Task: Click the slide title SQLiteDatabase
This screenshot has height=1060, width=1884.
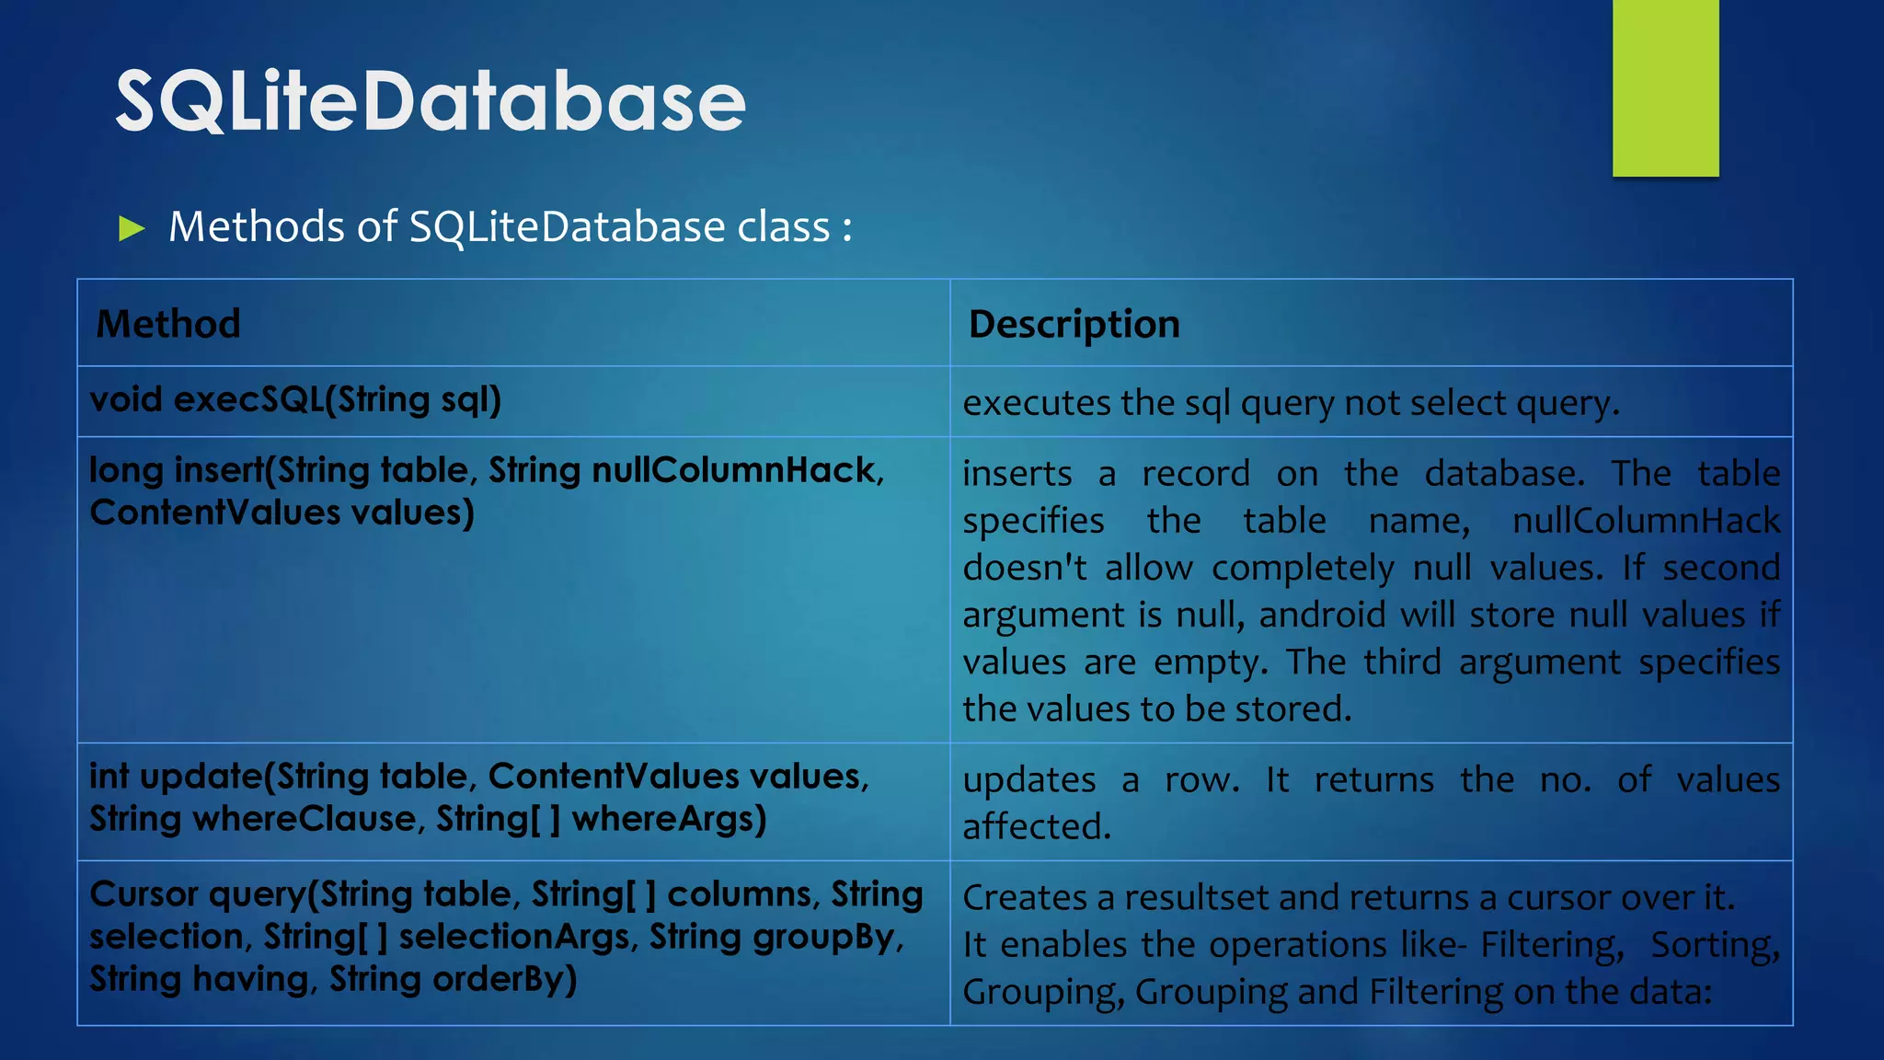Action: [431, 101]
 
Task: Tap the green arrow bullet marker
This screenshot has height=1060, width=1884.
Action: [132, 228]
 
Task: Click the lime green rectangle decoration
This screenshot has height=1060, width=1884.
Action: [1665, 87]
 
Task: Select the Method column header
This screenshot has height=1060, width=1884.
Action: [168, 324]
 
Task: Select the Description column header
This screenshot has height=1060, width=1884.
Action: [1074, 324]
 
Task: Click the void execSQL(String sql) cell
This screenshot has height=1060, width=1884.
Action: [295, 400]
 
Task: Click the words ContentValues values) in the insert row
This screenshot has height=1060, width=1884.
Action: [281, 513]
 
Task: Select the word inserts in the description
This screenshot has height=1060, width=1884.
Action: [1017, 474]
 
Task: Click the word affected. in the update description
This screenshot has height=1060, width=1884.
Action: [1037, 826]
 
